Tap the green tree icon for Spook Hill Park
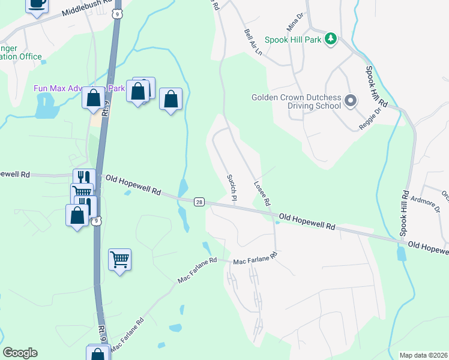(330, 39)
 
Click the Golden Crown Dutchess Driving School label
(296, 101)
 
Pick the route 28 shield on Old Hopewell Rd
(199, 202)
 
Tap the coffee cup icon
(37, 4)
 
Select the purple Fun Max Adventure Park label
(79, 88)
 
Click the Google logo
(20, 353)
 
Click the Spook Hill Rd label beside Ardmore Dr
(405, 214)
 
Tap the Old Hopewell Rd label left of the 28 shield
(133, 185)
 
